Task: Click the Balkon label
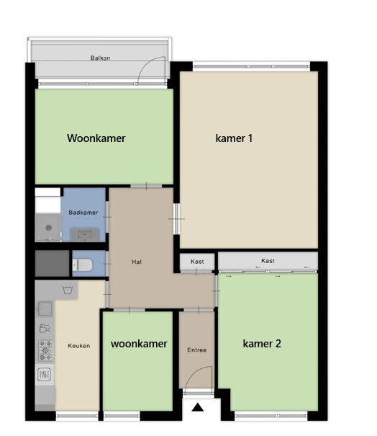point(100,58)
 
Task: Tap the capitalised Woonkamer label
point(96,138)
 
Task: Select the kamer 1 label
point(234,138)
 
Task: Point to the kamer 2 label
point(262,344)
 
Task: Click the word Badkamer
point(83,213)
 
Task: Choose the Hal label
point(137,262)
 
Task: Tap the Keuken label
point(79,346)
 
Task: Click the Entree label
point(197,350)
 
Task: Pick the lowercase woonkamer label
point(139,344)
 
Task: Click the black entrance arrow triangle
point(198,407)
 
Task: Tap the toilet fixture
point(82,265)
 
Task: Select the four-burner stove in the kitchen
point(45,351)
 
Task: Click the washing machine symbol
point(68,290)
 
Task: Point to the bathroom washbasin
point(84,235)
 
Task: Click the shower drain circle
point(49,228)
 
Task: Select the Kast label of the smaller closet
point(197,262)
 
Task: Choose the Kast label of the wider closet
point(268,261)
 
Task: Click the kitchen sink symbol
point(45,308)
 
